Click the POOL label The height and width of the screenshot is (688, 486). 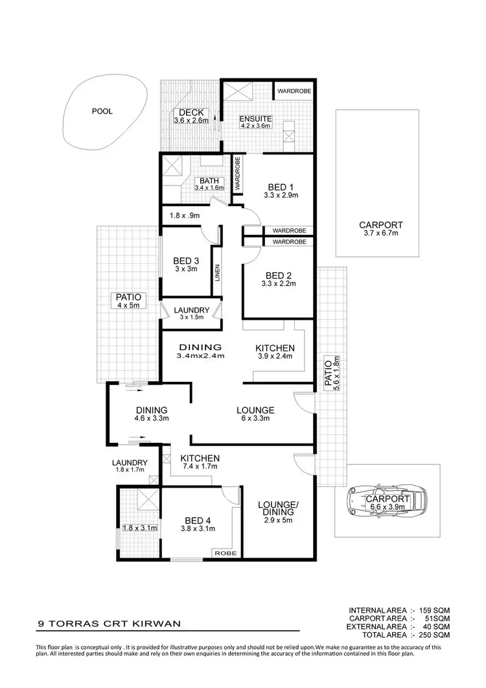102,112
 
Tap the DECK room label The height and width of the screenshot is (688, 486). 191,113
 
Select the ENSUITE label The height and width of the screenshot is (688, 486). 255,119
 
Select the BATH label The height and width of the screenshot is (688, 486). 209,181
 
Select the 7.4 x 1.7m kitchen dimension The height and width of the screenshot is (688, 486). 200,466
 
